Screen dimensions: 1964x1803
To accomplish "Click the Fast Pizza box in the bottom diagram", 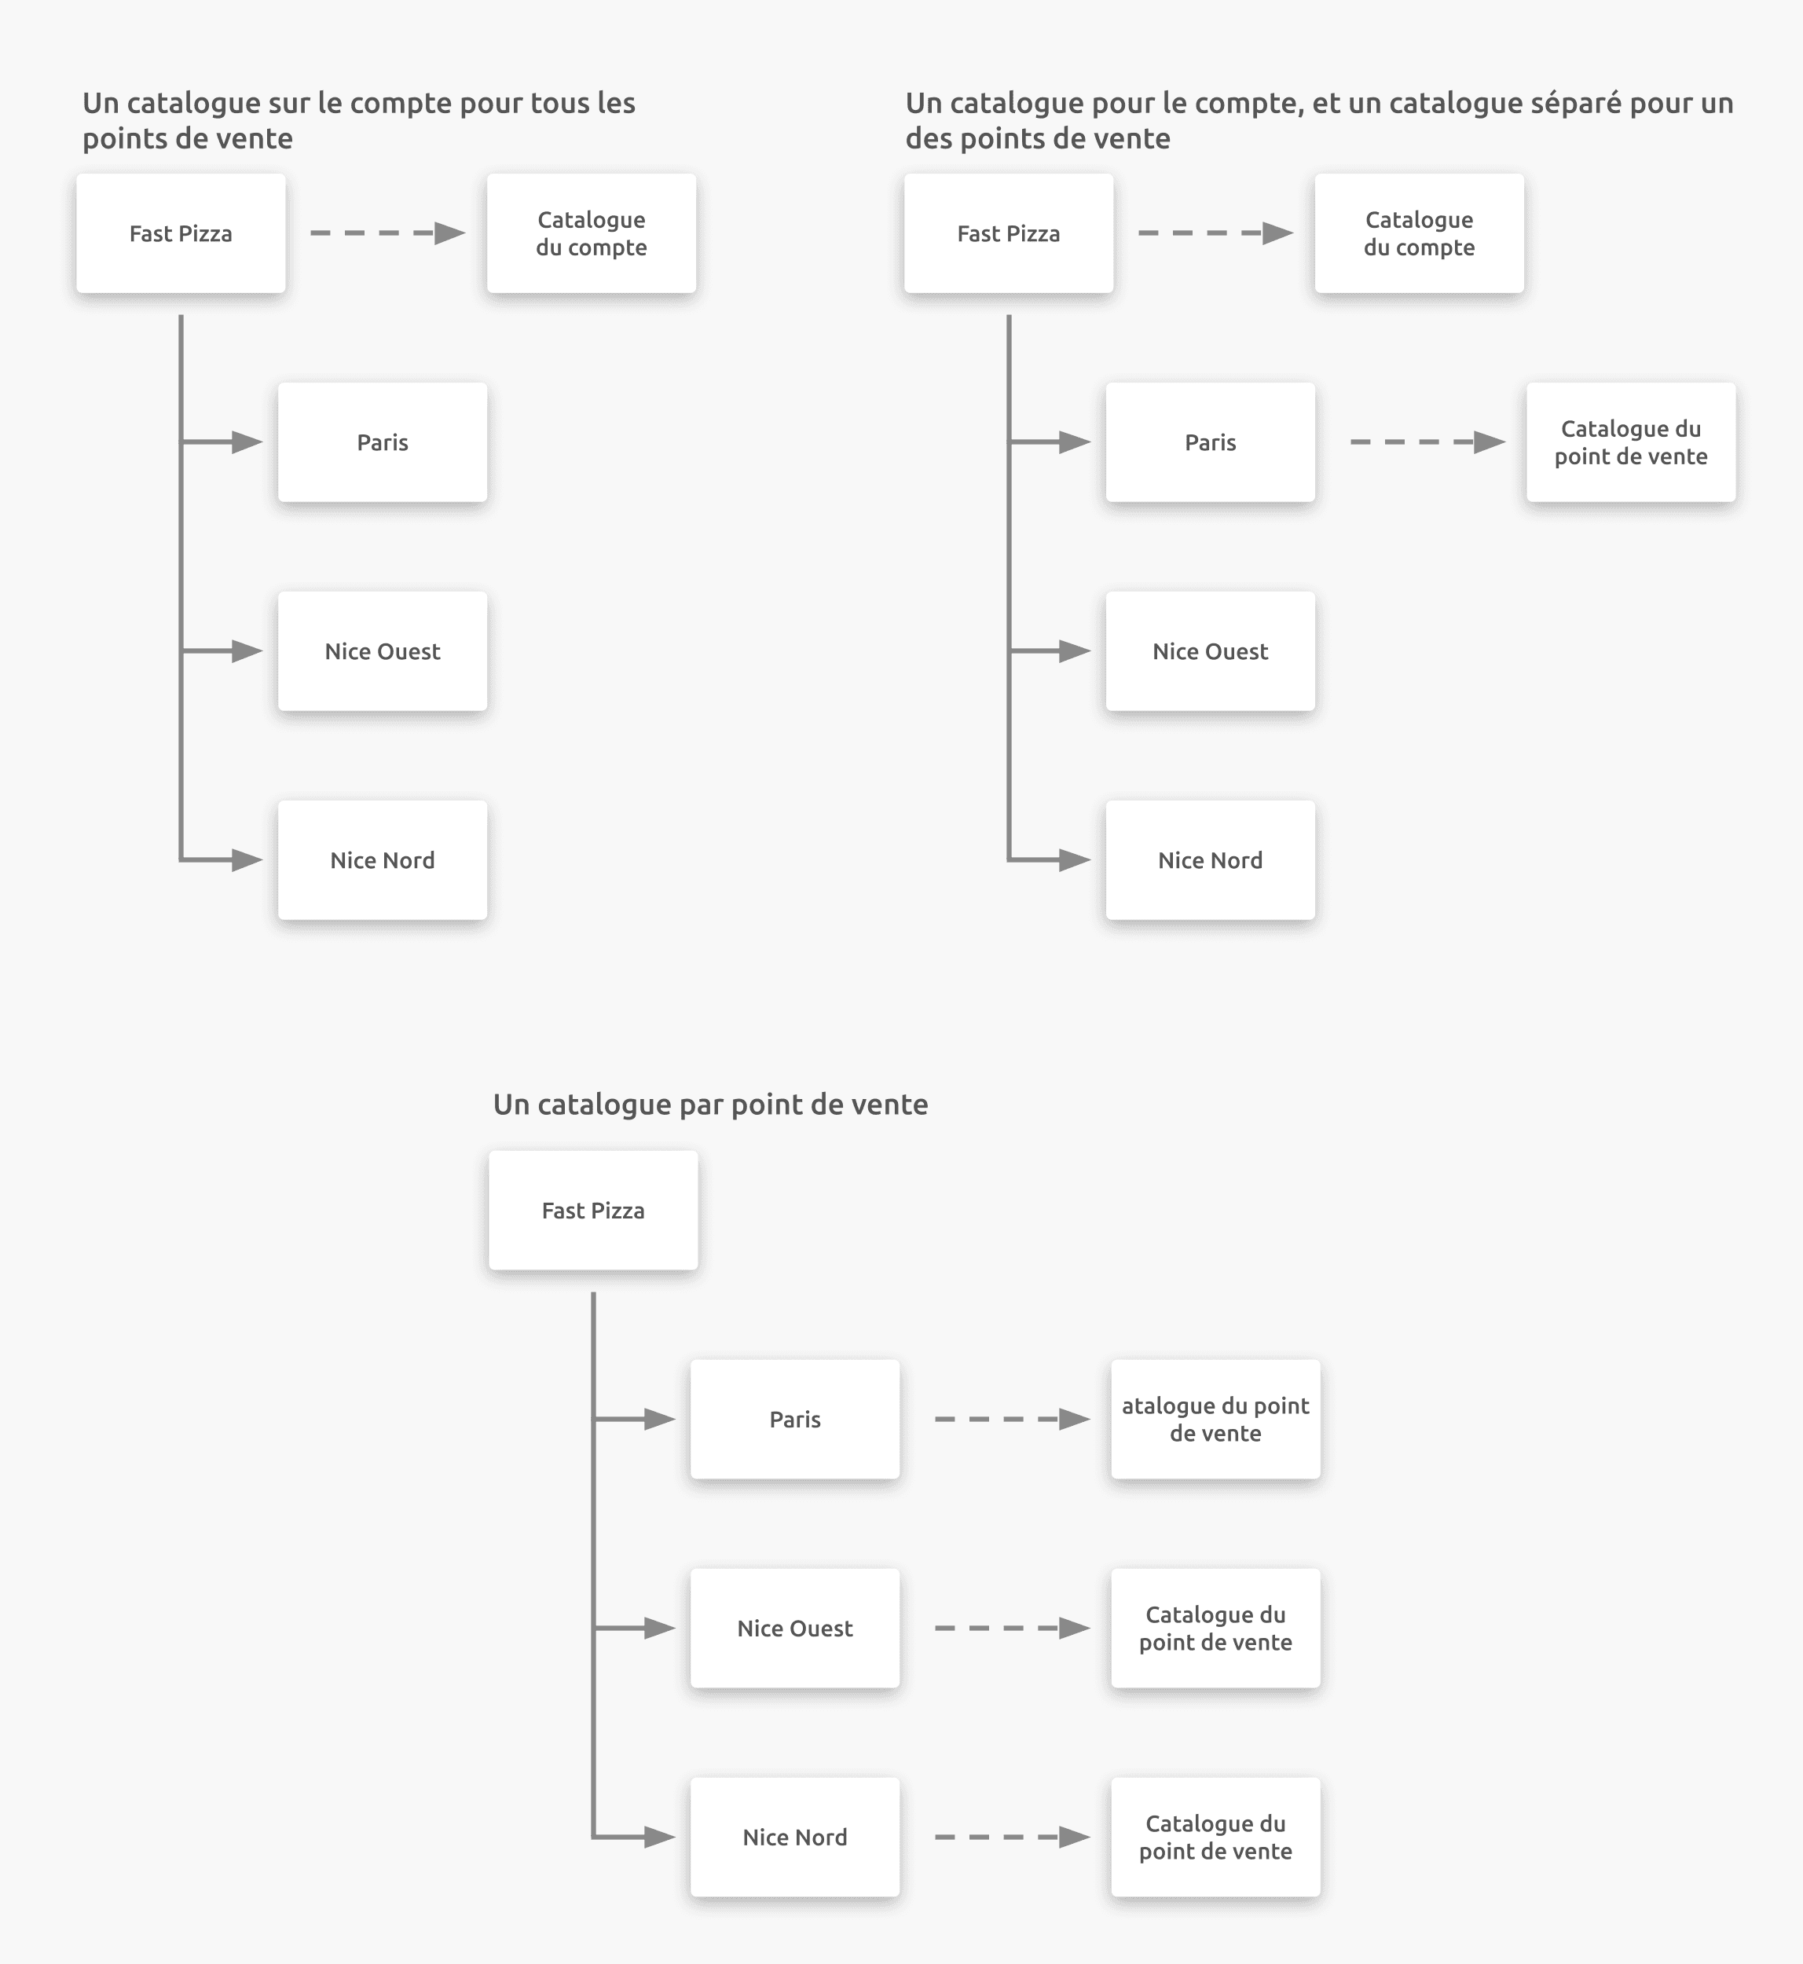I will pyautogui.click(x=593, y=1210).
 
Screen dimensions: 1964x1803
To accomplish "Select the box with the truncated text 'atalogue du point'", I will pyautogui.click(x=1215, y=1419).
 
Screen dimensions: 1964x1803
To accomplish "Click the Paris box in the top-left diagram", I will pyautogui.click(x=383, y=442).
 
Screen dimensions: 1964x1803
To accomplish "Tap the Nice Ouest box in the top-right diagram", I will pyautogui.click(x=1210, y=650).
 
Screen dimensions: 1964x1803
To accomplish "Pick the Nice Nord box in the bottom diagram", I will pyautogui.click(x=794, y=1838).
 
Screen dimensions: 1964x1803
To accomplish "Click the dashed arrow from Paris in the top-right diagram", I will pyautogui.click(x=1427, y=442).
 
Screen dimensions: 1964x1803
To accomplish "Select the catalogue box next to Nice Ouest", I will pyautogui.click(x=1215, y=1629).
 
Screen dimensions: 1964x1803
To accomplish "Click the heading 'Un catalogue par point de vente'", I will pyautogui.click(x=710, y=1105).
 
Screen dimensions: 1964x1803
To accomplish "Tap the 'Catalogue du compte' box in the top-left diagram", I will pyautogui.click(x=592, y=233).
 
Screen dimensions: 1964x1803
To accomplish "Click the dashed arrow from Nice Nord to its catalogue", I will pyautogui.click(x=1011, y=1838).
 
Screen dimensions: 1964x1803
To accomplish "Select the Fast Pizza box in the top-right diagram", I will pyautogui.click(x=1008, y=233).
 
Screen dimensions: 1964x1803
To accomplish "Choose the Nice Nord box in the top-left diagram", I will pyautogui.click(x=383, y=859).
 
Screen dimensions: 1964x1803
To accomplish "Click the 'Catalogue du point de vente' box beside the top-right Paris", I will pyautogui.click(x=1630, y=442).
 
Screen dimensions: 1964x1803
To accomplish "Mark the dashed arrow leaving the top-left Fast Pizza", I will pyautogui.click(x=387, y=233).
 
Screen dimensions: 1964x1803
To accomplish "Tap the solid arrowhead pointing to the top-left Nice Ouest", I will pyautogui.click(x=247, y=650).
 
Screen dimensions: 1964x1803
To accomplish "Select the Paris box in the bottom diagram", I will pyautogui.click(x=794, y=1419).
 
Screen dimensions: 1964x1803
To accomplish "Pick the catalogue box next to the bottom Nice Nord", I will pyautogui.click(x=1215, y=1838).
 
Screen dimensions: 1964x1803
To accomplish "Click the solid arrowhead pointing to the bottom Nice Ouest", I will pyautogui.click(x=661, y=1629).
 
